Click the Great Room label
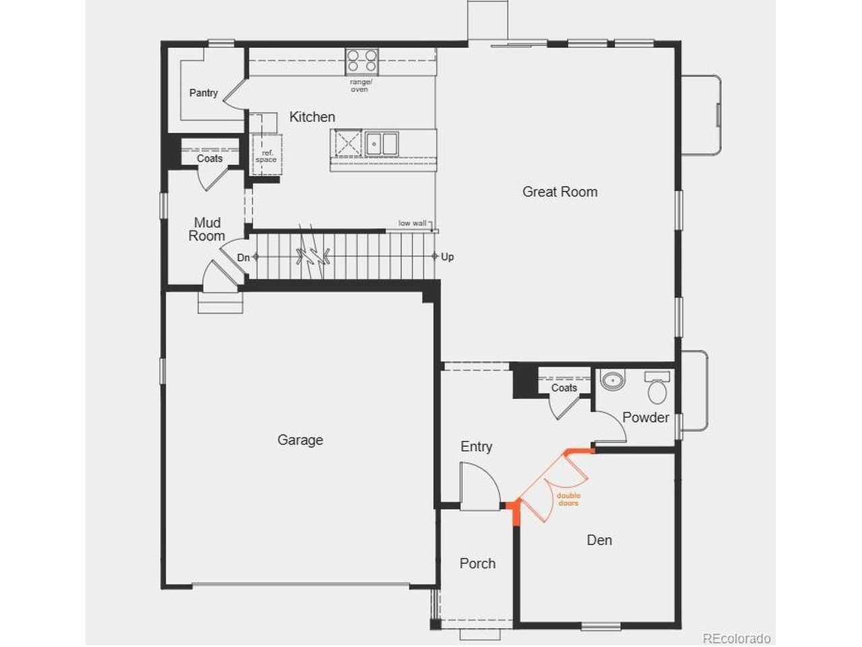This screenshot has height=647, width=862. [x=560, y=191]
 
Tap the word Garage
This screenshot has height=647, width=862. [x=300, y=440]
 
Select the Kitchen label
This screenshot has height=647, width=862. [x=312, y=117]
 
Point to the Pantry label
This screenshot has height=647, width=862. [x=203, y=93]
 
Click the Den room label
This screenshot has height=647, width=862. [x=599, y=540]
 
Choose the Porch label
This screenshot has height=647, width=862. [x=477, y=563]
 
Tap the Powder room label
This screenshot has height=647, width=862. [x=646, y=417]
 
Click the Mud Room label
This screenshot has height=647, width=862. [x=207, y=229]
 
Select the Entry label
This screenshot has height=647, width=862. [x=476, y=447]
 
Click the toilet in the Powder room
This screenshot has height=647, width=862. [x=657, y=388]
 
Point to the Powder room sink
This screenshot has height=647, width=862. [x=613, y=380]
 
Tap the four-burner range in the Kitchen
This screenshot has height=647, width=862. [x=362, y=61]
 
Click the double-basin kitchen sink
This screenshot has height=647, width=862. [x=381, y=144]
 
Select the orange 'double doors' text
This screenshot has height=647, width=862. [x=568, y=499]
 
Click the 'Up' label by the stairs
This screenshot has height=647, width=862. [x=447, y=257]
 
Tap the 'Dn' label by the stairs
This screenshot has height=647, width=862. [x=244, y=257]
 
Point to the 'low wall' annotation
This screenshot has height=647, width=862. [x=412, y=223]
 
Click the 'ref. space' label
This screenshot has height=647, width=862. [x=266, y=156]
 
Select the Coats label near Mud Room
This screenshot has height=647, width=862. [x=209, y=158]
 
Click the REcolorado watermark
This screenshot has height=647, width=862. [x=737, y=638]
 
